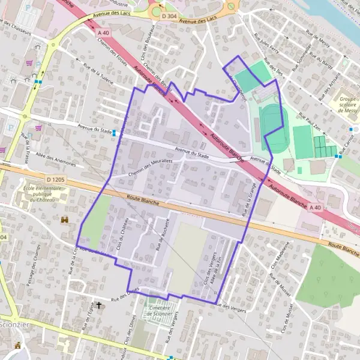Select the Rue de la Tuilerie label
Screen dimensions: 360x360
pos(97,74)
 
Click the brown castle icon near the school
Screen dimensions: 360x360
pos(65,220)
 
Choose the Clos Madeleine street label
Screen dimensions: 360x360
pos(281,255)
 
